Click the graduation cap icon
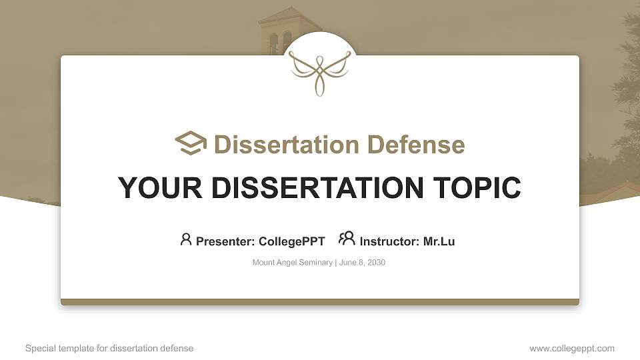(190, 143)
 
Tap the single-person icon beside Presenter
(186, 239)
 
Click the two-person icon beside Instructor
(347, 239)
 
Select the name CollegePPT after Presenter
(292, 241)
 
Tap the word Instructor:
(389, 241)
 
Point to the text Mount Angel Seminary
(292, 263)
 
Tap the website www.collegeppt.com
(571, 348)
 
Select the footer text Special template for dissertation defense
(109, 348)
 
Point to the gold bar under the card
(320, 302)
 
